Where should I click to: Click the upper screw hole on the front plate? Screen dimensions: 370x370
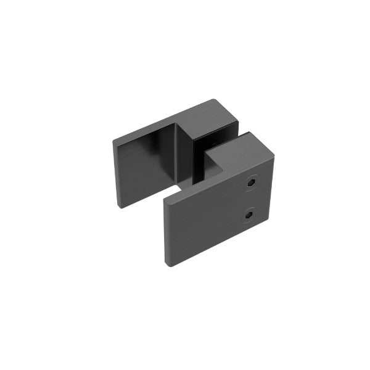pos(252,183)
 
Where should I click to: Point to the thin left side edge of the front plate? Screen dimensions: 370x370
pos(166,234)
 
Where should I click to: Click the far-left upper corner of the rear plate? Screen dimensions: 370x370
pos(113,142)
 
